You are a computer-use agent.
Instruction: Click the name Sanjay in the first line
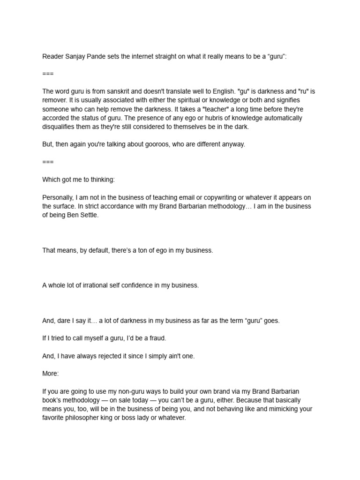(73, 57)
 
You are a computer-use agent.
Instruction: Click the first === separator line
(48, 74)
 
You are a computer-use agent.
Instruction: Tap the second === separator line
(48, 162)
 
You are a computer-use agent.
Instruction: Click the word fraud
(156, 338)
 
